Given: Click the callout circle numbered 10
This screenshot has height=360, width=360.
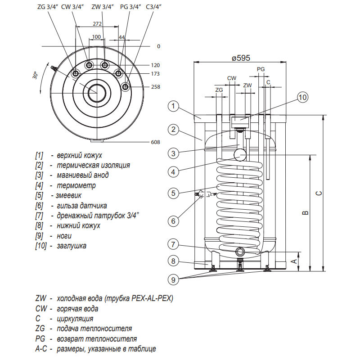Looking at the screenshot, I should pyautogui.click(x=302, y=97).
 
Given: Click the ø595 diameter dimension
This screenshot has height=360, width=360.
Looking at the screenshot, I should pyautogui.click(x=241, y=58).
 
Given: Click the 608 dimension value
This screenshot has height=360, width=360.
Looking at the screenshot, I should pyautogui.click(x=155, y=142).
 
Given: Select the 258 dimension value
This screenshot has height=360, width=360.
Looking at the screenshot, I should pyautogui.click(x=155, y=86).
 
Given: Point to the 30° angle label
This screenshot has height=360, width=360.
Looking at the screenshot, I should pyautogui.click(x=36, y=76).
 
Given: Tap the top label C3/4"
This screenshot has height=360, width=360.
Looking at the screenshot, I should pyautogui.click(x=156, y=7).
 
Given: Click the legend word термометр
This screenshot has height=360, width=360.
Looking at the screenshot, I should pyautogui.click(x=76, y=185).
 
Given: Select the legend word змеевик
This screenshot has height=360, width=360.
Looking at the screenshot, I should pyautogui.click(x=71, y=196).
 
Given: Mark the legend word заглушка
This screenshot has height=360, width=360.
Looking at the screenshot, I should pyautogui.click(x=72, y=246).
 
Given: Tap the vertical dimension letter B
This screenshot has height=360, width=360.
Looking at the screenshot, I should pyautogui.click(x=305, y=212).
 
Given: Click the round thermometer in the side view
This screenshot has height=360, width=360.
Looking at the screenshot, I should pyautogui.click(x=239, y=155).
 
